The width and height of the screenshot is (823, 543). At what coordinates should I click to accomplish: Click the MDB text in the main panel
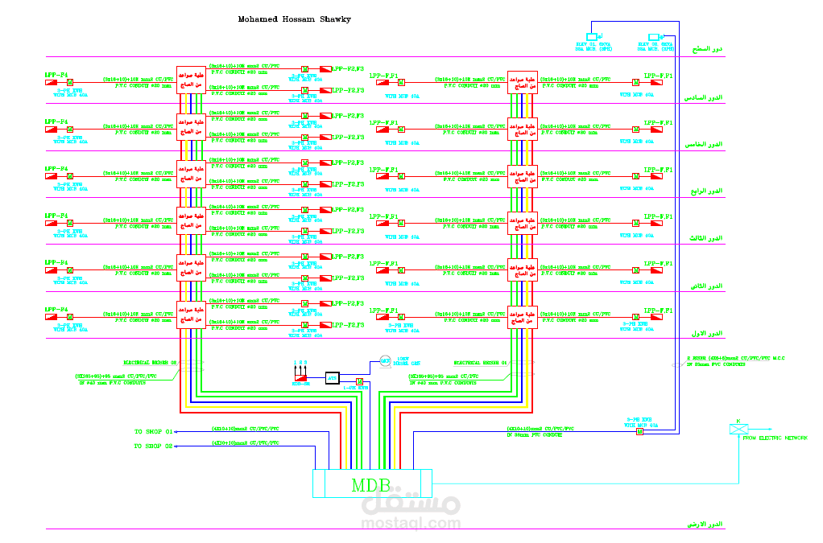pyautogui.click(x=371, y=485)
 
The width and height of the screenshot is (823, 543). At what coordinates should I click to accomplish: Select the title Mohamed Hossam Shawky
pyautogui.click(x=294, y=19)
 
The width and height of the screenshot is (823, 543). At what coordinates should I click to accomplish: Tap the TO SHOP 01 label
pyautogui.click(x=154, y=432)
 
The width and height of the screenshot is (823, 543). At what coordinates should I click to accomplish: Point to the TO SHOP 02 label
pyautogui.click(x=154, y=445)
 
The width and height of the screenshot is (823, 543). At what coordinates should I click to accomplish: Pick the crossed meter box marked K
pyautogui.click(x=737, y=428)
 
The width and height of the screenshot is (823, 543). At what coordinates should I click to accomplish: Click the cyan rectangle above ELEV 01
pyautogui.click(x=592, y=37)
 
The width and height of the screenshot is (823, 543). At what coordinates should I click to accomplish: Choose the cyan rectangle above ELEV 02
pyautogui.click(x=654, y=37)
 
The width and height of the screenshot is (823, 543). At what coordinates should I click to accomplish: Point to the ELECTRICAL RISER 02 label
pyautogui.click(x=150, y=362)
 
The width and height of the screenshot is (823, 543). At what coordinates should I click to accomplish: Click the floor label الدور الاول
pyautogui.click(x=705, y=332)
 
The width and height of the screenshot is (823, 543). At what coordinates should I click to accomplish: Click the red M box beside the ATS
pyautogui.click(x=359, y=380)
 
